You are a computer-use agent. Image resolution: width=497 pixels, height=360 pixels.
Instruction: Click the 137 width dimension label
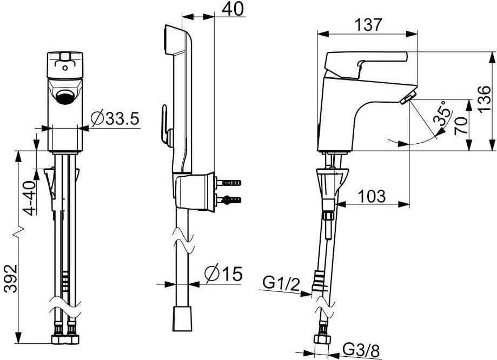point(369,24)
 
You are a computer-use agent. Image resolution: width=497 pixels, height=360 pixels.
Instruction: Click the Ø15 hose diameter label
point(223,274)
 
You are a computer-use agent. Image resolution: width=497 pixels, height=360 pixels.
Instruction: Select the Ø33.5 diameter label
point(115,118)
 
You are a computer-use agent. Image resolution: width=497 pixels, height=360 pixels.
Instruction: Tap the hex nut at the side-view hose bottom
point(323,340)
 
